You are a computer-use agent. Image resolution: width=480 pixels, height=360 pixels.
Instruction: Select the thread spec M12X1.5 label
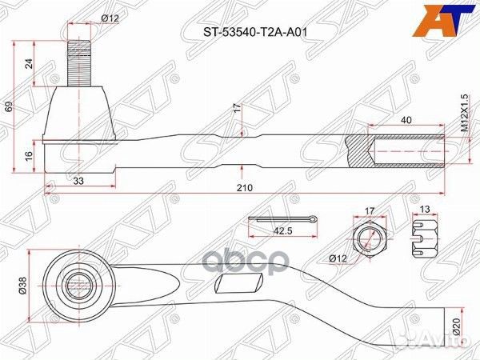click(x=463, y=114)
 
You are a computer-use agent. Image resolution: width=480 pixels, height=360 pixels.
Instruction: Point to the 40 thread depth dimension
click(x=406, y=120)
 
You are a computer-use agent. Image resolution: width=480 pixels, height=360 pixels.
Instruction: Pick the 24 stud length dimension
click(x=30, y=65)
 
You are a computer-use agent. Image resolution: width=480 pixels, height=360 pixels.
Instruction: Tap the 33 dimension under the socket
click(x=79, y=181)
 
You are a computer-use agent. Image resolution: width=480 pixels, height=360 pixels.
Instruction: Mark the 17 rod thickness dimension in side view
click(x=237, y=107)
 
